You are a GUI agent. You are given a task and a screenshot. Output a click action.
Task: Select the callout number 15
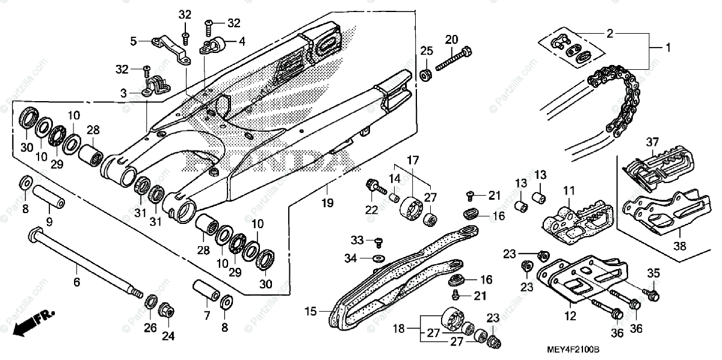click(x=310, y=312)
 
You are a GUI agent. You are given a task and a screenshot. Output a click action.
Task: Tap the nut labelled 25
click(x=425, y=75)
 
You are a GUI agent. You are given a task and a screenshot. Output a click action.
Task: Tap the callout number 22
click(x=371, y=209)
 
